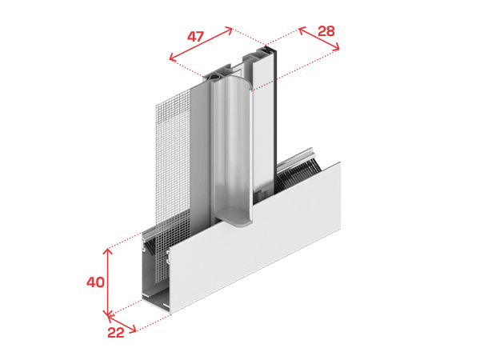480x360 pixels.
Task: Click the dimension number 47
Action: click(x=195, y=37)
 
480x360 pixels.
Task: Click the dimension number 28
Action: click(x=326, y=31)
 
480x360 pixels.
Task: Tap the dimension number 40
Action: click(x=95, y=282)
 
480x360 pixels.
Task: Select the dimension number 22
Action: click(x=116, y=333)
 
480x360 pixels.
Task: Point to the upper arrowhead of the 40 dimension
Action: click(x=107, y=252)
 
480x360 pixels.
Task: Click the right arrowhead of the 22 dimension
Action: click(x=133, y=329)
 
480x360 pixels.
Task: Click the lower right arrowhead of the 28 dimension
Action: click(x=336, y=46)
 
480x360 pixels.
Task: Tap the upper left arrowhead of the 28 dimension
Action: click(x=302, y=30)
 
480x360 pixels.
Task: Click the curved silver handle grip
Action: click(x=233, y=147)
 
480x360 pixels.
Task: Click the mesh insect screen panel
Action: click(x=173, y=171)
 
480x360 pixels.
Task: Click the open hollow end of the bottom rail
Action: click(x=155, y=275)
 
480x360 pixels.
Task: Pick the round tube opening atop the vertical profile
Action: click(x=214, y=76)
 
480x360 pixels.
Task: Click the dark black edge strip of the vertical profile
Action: click(x=275, y=122)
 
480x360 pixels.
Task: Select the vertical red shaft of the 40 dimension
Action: click(x=107, y=282)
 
